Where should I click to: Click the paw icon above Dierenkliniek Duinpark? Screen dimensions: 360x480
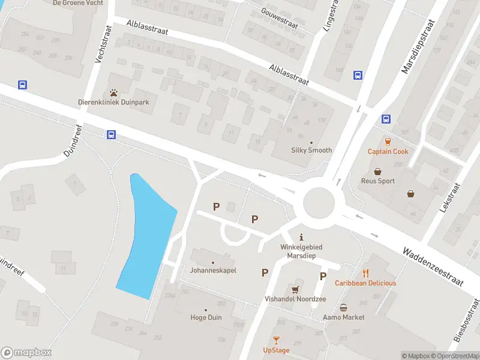113,93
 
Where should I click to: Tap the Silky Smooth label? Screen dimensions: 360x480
311,150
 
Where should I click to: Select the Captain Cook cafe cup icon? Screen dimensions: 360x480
388,142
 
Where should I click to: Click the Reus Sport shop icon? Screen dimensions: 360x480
378,171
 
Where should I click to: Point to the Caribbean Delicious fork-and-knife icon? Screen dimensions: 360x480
365,274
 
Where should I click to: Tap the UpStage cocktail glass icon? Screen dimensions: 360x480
276,340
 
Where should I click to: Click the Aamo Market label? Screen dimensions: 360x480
343,317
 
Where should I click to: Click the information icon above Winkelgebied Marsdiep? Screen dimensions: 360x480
302,236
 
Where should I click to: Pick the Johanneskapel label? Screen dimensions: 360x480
213,270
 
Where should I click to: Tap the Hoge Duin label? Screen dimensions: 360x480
206,317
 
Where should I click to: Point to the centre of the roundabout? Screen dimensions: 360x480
318,203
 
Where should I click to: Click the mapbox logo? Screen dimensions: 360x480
26,353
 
